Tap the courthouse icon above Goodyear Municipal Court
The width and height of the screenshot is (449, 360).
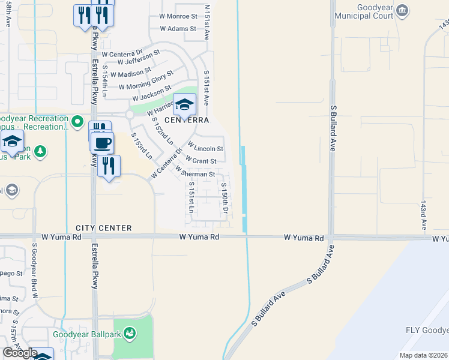click(x=403, y=10)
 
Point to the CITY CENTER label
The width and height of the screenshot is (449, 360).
click(x=104, y=228)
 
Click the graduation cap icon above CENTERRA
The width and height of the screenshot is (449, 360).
click(x=185, y=104)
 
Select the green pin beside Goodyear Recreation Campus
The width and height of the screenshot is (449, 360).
click(x=77, y=122)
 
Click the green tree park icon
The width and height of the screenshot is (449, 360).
click(x=40, y=152)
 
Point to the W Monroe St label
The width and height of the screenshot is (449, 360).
click(x=178, y=16)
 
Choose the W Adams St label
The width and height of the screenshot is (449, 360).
click(x=178, y=28)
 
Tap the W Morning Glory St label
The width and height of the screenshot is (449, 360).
click(x=146, y=80)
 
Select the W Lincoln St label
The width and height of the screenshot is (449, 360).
click(x=205, y=146)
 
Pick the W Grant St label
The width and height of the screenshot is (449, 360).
click(x=201, y=161)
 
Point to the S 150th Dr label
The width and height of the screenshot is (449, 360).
click(x=224, y=199)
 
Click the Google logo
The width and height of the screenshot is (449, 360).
click(x=20, y=353)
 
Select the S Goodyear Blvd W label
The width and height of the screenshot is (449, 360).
click(x=35, y=271)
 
